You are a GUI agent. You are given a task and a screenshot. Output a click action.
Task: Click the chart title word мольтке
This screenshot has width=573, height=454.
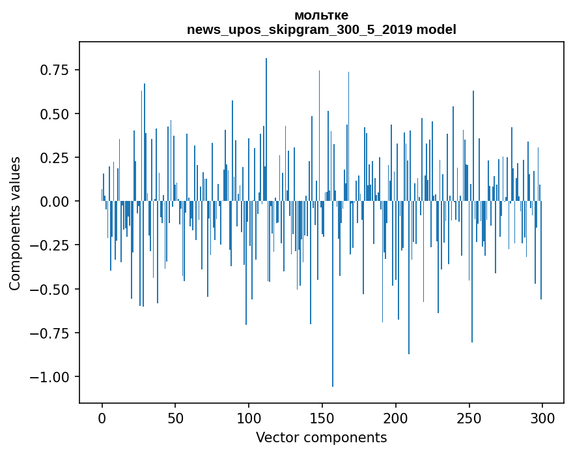click(x=321, y=15)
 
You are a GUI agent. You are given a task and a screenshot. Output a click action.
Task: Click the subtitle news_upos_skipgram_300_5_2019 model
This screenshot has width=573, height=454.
click(x=321, y=29)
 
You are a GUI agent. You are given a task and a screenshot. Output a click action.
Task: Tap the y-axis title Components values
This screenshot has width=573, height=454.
click(x=14, y=223)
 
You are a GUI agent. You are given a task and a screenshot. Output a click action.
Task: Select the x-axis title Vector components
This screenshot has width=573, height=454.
click(x=321, y=438)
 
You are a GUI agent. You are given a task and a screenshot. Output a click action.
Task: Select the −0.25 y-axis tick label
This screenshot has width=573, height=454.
click(x=55, y=245)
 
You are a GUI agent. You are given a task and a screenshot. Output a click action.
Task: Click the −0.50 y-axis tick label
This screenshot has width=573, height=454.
click(x=55, y=289)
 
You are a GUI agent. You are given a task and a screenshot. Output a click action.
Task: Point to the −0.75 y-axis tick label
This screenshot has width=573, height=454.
click(x=55, y=333)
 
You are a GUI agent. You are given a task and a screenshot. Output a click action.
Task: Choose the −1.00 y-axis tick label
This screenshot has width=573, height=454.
click(x=55, y=377)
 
